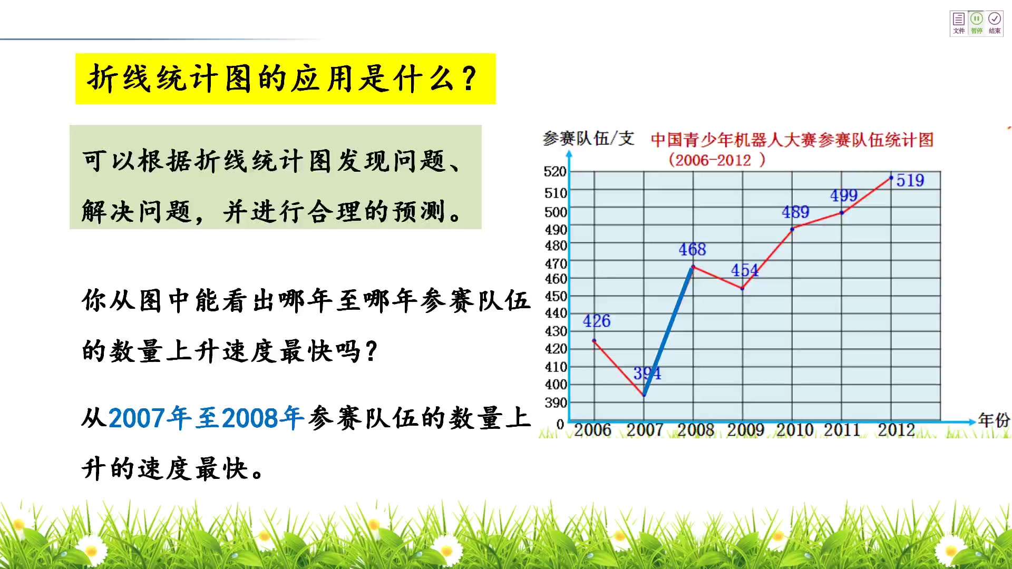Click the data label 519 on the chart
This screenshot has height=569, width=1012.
click(x=910, y=180)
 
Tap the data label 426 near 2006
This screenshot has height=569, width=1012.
click(x=597, y=321)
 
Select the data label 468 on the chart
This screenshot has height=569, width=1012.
click(x=692, y=249)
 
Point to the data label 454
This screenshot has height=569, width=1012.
click(x=744, y=270)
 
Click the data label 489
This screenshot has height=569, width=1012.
click(x=795, y=212)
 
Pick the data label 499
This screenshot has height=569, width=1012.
click(x=844, y=195)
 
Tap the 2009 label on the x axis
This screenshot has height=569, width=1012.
click(x=745, y=430)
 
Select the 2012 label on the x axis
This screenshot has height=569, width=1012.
click(x=896, y=430)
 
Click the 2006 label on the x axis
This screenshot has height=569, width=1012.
click(x=592, y=430)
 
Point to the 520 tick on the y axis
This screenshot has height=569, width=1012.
click(x=555, y=172)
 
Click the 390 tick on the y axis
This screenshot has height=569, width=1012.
click(x=556, y=403)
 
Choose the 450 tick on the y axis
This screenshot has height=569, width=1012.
click(x=556, y=296)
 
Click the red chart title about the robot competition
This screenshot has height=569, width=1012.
click(x=792, y=140)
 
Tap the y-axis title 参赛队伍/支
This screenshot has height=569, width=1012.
click(x=588, y=139)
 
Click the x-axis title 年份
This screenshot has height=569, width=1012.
click(x=994, y=420)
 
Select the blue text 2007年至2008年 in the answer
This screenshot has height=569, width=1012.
click(x=206, y=418)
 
